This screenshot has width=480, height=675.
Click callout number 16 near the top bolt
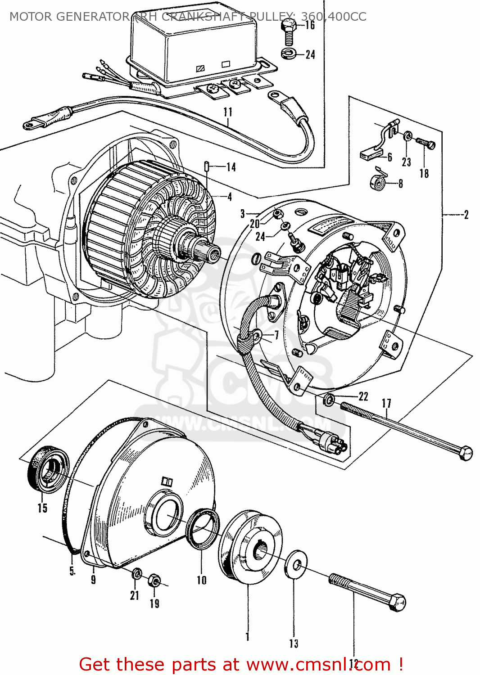tap(310, 25)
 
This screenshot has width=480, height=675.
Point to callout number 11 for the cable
tap(228, 112)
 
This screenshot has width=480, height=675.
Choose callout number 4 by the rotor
tap(230, 197)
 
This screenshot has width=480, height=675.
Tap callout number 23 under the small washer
tap(407, 162)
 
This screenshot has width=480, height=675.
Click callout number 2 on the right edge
tap(466, 215)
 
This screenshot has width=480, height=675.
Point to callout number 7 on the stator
tap(276, 335)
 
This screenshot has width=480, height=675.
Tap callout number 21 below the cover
tap(135, 595)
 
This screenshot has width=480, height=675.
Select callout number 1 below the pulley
tap(247, 636)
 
